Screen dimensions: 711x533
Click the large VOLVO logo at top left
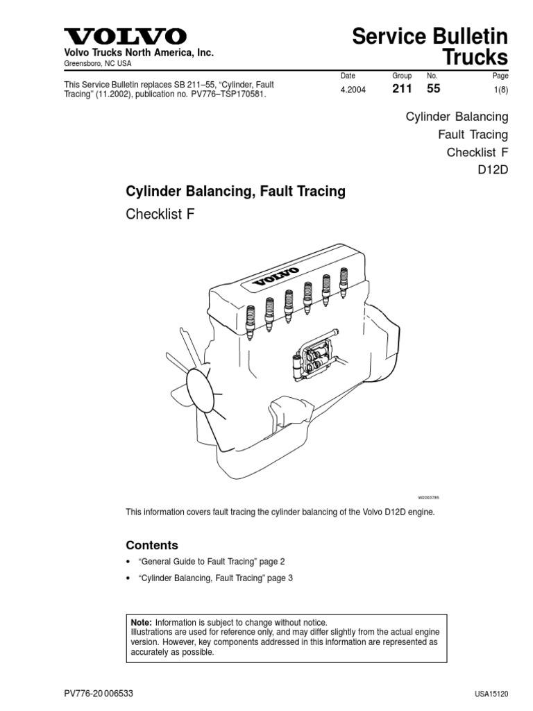[126, 36]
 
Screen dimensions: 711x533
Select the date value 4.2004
[353, 89]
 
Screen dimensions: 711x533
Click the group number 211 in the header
[403, 88]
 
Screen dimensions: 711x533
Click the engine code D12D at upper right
[493, 170]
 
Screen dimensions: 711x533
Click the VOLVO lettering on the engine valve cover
[276, 276]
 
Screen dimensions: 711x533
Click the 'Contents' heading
[151, 545]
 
